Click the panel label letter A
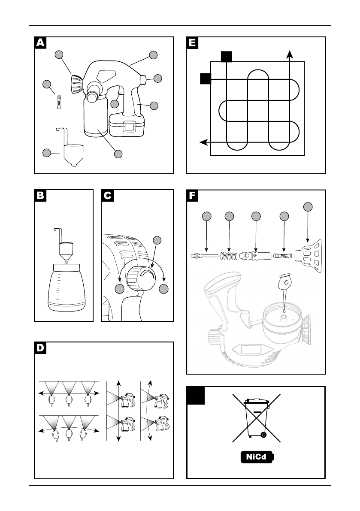[x=40, y=43]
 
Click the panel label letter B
[x=40, y=196]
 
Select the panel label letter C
[x=107, y=196]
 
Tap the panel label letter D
[x=40, y=348]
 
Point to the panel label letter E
[x=192, y=43]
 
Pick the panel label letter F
[x=192, y=196]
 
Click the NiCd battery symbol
[x=257, y=457]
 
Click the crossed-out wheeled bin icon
[x=257, y=418]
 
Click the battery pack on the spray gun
[x=127, y=125]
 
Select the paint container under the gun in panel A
[x=96, y=116]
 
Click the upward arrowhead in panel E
[x=289, y=54]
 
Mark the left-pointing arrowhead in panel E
[x=203, y=142]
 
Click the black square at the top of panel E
[x=227, y=56]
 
